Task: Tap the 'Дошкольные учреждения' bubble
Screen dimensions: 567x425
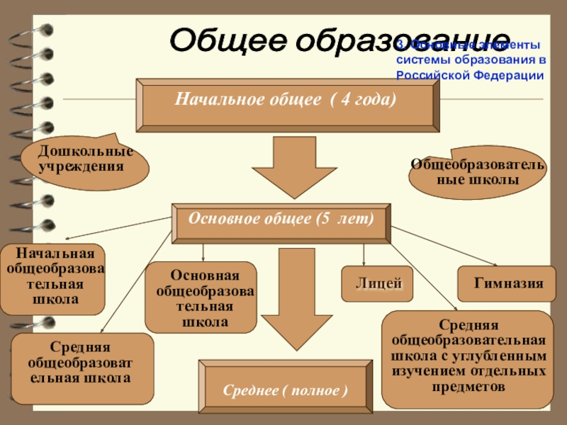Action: pyautogui.click(x=85, y=159)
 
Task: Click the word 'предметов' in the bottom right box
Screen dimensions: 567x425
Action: pyautogui.click(x=468, y=387)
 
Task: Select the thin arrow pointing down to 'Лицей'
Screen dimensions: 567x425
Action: pyautogui.click(x=364, y=256)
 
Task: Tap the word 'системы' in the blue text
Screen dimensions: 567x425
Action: pyautogui.click(x=418, y=59)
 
